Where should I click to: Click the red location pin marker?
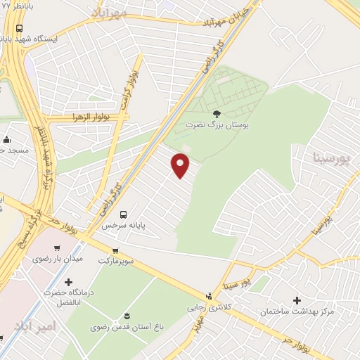click(181, 165)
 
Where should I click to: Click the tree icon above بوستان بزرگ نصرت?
click(217, 113)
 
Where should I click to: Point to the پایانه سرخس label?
click(116, 226)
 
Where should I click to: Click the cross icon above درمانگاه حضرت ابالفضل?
click(67, 282)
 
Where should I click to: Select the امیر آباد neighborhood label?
click(33, 326)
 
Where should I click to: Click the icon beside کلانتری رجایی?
click(209, 296)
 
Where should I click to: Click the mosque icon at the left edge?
click(7, 139)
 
